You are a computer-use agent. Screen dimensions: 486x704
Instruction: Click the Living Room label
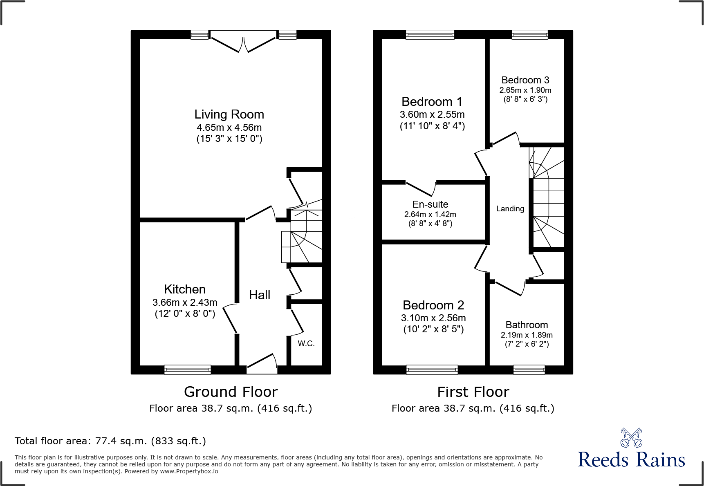[x=229, y=114]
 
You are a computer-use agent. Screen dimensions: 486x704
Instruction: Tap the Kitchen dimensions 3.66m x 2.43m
[x=185, y=302]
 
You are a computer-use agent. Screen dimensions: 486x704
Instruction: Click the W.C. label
[x=306, y=344]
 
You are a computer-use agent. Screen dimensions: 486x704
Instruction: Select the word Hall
[x=260, y=295]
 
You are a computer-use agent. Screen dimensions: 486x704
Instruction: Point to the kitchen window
[x=188, y=370]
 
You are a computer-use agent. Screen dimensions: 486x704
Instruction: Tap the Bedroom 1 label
[x=432, y=102]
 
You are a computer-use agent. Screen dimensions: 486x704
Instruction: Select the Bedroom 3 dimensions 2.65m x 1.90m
[x=525, y=90]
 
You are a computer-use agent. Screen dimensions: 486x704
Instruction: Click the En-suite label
[x=430, y=204]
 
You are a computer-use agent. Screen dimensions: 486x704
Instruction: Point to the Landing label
[x=510, y=209]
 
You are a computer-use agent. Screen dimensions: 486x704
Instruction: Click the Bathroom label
[x=527, y=325]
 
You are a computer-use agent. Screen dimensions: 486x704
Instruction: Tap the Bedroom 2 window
[x=432, y=370]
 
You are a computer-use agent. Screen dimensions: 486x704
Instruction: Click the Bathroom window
[x=529, y=370]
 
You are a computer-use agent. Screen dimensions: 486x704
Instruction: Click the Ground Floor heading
[x=231, y=392]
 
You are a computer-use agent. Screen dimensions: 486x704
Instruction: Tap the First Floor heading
[x=473, y=392]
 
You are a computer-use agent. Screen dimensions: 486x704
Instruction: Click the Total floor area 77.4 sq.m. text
[x=110, y=441]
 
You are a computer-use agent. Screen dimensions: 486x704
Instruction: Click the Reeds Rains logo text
[x=631, y=460]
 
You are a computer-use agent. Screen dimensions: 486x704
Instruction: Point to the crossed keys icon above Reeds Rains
[x=631, y=438]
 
